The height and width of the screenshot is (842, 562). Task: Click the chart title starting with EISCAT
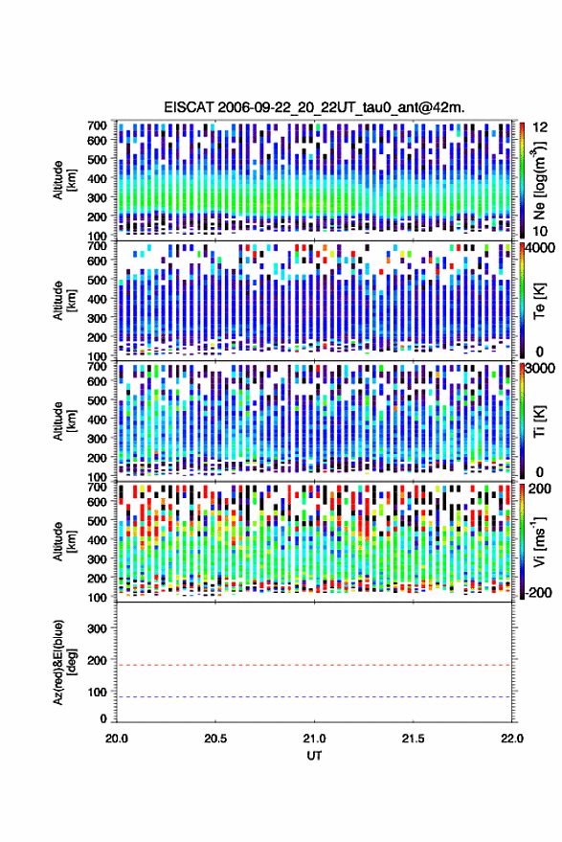point(314,107)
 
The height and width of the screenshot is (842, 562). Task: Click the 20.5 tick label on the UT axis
point(215,739)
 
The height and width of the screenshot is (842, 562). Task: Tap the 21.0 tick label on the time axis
point(314,739)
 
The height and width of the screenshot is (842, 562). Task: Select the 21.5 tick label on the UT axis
point(413,739)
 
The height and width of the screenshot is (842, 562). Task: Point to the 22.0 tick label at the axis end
point(511,739)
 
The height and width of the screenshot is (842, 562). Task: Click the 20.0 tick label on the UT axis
point(117,739)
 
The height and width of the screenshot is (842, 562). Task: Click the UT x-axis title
point(314,756)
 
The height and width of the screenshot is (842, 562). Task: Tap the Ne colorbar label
point(539,180)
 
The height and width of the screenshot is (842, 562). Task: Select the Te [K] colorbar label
point(539,301)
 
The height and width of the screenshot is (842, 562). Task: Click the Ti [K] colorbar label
point(539,421)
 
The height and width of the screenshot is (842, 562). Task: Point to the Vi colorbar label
point(539,541)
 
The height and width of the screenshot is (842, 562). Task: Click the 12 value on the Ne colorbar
point(540,127)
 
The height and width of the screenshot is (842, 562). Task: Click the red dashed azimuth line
point(314,665)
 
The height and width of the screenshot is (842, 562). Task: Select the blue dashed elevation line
point(314,697)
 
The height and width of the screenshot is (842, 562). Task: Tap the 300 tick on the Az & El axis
point(97,628)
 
